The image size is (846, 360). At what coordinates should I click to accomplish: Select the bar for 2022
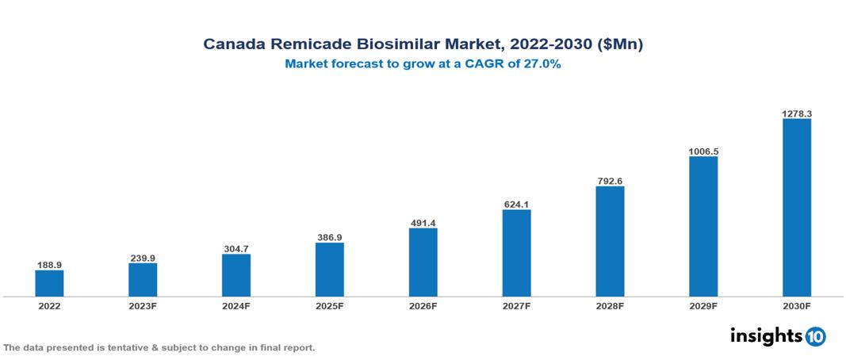click(49, 283)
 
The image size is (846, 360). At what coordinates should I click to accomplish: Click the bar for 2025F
click(330, 270)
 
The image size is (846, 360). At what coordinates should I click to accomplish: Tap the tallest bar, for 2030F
click(797, 208)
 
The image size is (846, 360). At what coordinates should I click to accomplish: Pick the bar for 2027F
click(516, 253)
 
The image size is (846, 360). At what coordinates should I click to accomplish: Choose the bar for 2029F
click(703, 226)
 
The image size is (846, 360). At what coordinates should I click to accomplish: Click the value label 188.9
click(49, 264)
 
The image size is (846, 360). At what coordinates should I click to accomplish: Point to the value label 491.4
click(423, 223)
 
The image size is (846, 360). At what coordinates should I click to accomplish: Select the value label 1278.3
click(797, 113)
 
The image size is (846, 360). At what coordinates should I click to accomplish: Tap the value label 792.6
click(610, 181)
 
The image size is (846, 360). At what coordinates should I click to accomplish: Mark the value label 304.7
click(236, 248)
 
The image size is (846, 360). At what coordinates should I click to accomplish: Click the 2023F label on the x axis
click(143, 305)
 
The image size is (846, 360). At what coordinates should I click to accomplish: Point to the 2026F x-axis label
click(423, 305)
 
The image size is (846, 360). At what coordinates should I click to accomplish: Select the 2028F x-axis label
click(610, 305)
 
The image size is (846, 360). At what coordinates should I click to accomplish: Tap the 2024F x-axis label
click(236, 305)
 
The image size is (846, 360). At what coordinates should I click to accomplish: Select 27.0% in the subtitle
click(542, 65)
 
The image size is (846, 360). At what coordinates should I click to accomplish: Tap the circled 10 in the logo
click(815, 336)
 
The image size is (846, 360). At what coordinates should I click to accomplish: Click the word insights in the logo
click(766, 335)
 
